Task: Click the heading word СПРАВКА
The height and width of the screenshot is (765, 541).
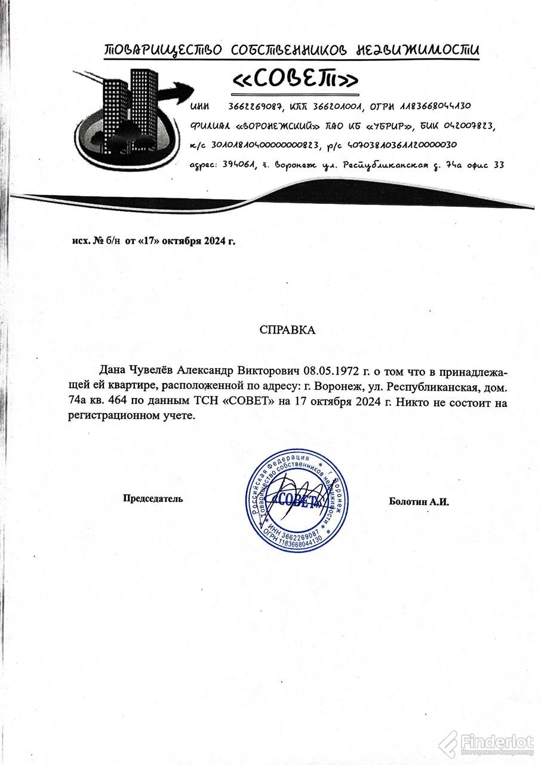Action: tap(287, 330)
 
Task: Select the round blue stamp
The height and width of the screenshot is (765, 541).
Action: tap(299, 501)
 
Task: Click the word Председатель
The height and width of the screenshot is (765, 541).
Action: tap(153, 498)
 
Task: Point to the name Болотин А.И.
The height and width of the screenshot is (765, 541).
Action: tap(419, 501)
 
